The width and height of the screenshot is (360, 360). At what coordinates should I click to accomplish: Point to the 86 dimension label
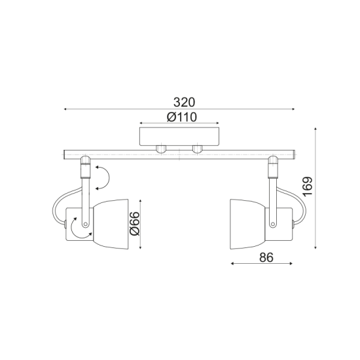(265, 257)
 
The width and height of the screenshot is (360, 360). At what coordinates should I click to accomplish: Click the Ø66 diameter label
(134, 223)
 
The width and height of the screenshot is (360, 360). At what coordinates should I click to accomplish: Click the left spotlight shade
(112, 223)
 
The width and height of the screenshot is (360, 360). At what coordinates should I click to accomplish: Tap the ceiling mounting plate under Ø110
(180, 137)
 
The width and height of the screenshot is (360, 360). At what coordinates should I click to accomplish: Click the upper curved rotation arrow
(102, 176)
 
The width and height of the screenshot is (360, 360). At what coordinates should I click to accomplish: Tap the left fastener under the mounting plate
(162, 150)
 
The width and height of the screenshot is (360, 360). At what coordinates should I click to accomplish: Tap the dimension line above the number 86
(262, 265)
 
